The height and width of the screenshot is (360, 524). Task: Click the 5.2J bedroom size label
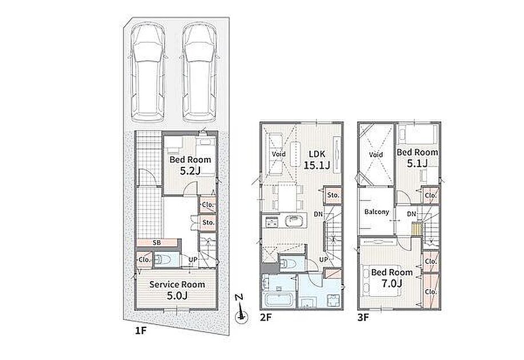[x=190, y=171]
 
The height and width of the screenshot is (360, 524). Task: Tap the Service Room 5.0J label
[x=177, y=290]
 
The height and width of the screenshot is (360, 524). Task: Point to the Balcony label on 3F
[x=377, y=212]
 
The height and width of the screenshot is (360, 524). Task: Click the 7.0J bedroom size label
[x=391, y=283]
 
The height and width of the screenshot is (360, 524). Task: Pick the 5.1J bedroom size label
[x=417, y=163]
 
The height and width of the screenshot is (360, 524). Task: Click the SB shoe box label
[x=157, y=243]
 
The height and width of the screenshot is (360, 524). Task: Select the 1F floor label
[x=141, y=331]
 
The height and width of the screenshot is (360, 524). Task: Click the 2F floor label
[x=266, y=317]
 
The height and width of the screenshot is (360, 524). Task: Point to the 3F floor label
[x=363, y=317]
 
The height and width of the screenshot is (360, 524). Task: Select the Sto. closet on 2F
[x=333, y=195]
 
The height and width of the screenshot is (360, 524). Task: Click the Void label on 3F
[x=377, y=155]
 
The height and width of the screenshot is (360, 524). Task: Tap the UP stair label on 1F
[x=193, y=259]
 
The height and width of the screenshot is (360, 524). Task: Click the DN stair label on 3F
[x=411, y=214]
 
